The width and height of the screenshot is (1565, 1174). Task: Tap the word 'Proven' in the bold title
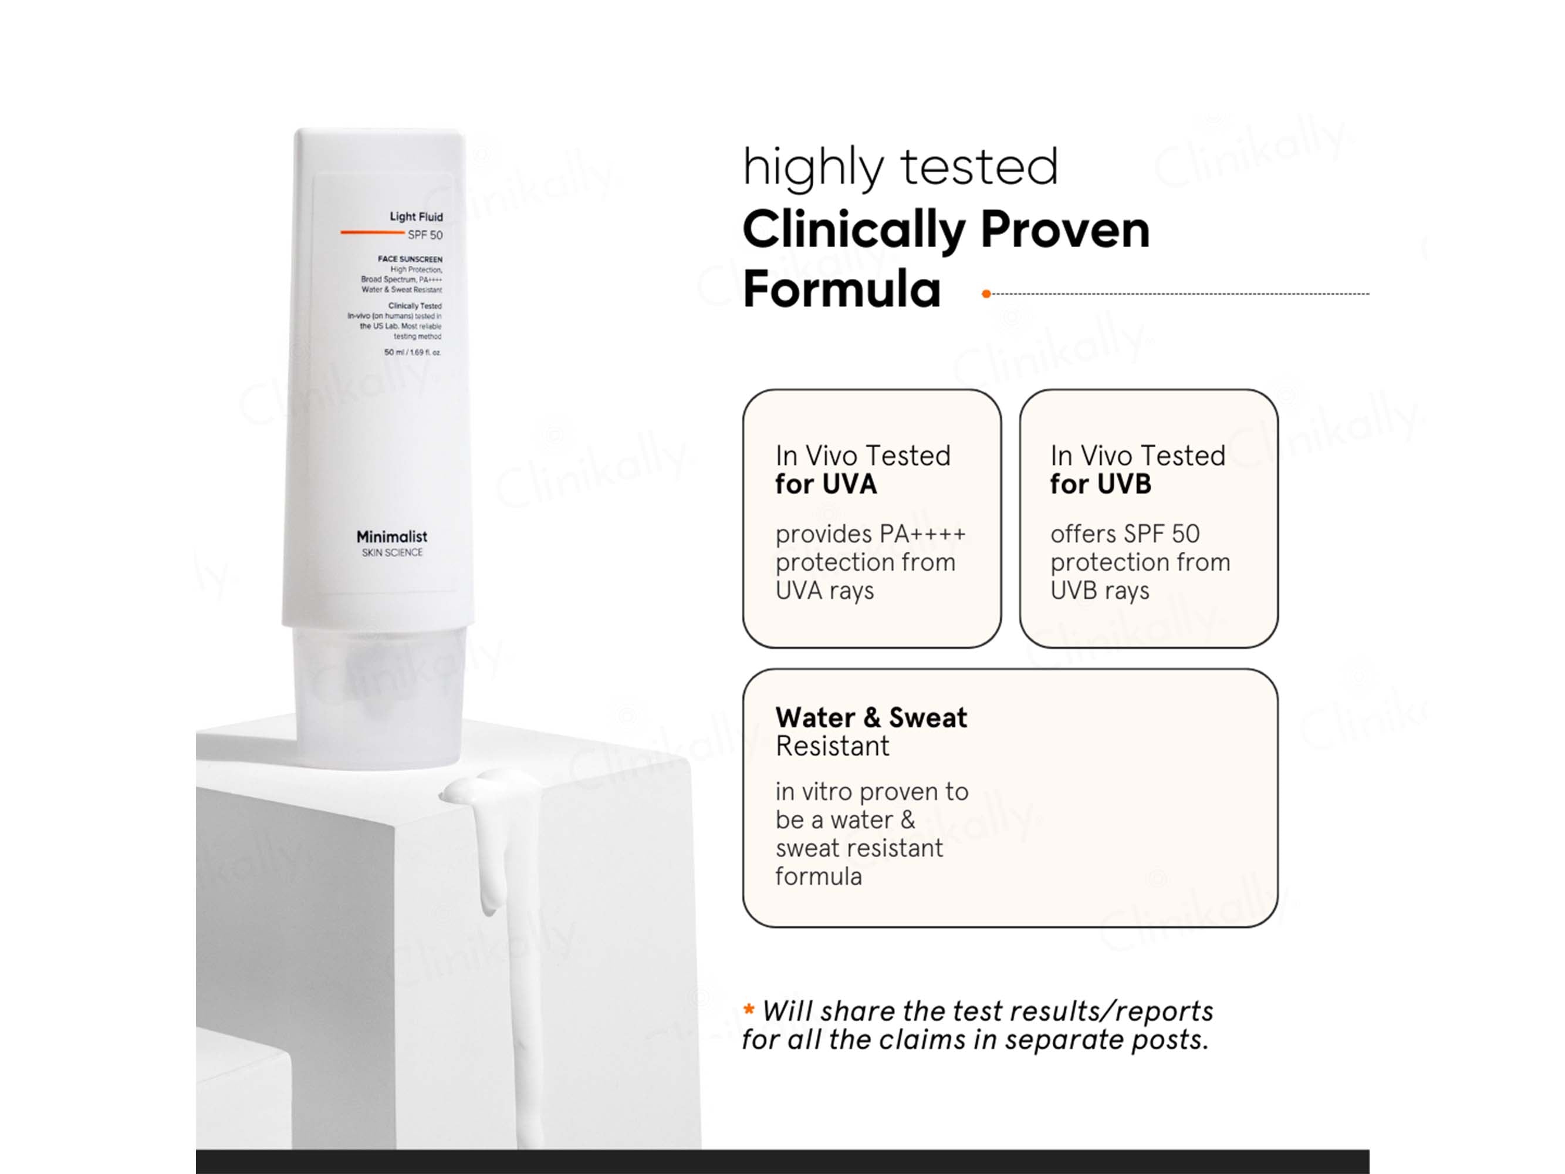click(x=1066, y=230)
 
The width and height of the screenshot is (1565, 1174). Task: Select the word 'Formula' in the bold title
click(x=842, y=289)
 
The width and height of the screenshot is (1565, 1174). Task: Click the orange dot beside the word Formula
click(x=986, y=293)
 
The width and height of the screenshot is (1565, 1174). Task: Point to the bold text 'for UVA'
click(x=826, y=484)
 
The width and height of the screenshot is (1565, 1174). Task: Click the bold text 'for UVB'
click(x=1100, y=484)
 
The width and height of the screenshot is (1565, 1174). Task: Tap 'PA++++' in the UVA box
click(x=922, y=534)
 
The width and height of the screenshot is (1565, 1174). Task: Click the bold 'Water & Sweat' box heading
click(x=871, y=717)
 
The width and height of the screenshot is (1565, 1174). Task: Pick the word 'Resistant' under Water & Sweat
click(x=832, y=746)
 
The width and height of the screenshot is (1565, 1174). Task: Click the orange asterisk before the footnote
click(x=749, y=1009)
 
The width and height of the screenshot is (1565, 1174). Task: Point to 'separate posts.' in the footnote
click(x=1106, y=1040)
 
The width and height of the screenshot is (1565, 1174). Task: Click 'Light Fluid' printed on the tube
click(x=416, y=217)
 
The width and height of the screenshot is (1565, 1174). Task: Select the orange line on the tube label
click(x=372, y=232)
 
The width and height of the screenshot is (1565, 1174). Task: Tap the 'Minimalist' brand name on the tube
click(x=391, y=537)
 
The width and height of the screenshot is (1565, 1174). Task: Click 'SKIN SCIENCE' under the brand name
click(x=392, y=553)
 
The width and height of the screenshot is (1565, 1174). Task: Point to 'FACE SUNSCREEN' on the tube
click(x=410, y=259)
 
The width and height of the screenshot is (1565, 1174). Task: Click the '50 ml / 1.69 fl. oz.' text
click(x=413, y=352)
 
